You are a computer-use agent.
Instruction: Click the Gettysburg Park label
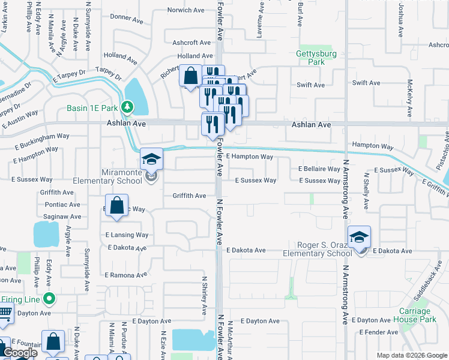pos(319,58)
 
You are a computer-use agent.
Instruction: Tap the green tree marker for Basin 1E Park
pos(127,107)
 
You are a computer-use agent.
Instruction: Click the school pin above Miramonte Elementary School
pos(151,160)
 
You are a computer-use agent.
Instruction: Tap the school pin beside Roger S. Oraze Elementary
pos(359,237)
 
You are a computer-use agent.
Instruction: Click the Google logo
pos(19,353)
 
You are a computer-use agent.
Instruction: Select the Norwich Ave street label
pos(186,10)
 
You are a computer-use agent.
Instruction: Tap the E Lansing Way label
pos(127,235)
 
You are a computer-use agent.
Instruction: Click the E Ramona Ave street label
pos(125,275)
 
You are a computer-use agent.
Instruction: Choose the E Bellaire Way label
pos(319,169)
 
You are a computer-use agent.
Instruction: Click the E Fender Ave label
pos(378,332)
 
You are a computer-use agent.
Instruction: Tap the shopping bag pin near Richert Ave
pos(190,77)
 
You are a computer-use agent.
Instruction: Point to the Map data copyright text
pos(411,355)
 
